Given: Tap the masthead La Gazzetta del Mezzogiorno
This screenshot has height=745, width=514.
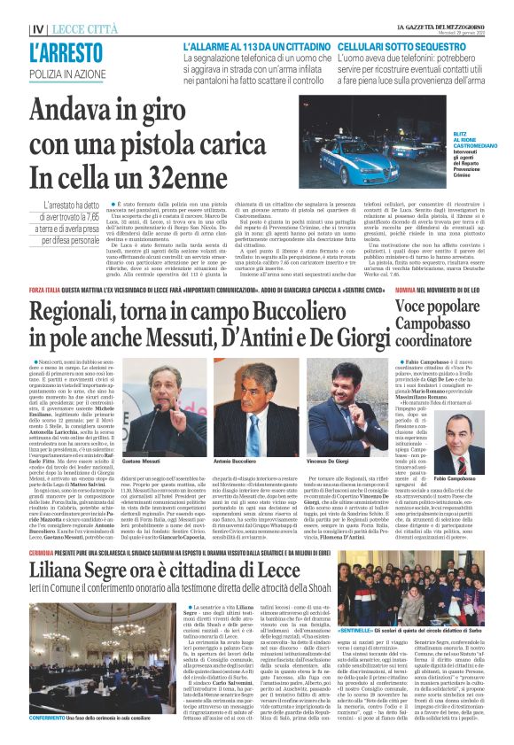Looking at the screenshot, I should (x=440, y=8).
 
